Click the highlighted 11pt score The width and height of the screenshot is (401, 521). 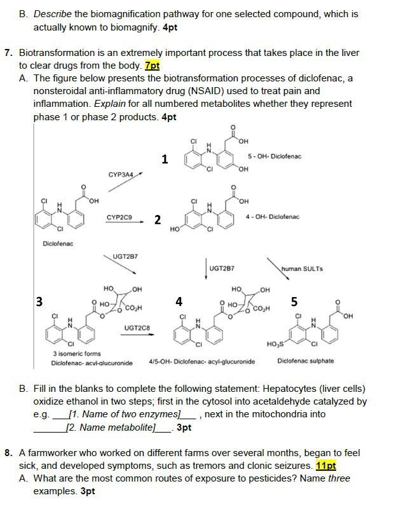point(325,466)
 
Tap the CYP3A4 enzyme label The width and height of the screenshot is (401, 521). point(121,174)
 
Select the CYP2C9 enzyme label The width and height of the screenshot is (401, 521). point(119,218)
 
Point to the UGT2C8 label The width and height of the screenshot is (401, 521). point(137,328)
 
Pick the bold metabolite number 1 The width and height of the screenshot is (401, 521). point(165,159)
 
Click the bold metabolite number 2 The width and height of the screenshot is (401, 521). point(158,220)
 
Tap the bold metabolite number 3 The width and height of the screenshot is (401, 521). point(39,302)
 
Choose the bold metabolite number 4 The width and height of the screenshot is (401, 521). point(179,301)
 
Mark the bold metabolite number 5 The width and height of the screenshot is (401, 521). point(294,301)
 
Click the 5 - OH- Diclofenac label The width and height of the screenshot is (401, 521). point(275,156)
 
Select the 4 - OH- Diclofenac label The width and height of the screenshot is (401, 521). point(272,217)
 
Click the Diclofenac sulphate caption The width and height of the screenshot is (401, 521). point(306,361)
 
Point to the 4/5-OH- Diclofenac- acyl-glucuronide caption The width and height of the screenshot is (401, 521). point(202,361)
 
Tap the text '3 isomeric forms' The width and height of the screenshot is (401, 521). point(77,354)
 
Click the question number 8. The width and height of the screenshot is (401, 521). point(8,453)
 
